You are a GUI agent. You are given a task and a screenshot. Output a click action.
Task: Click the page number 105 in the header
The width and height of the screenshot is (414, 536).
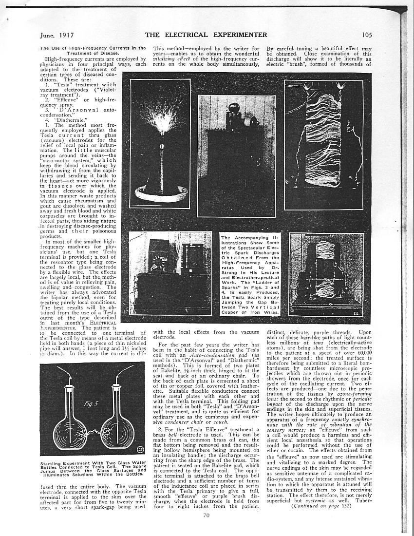pos(367,35)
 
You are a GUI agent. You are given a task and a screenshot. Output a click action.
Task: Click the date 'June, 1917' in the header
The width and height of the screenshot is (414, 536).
pos(56,35)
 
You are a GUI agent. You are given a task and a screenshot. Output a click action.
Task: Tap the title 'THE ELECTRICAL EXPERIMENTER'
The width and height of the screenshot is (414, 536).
pos(206,35)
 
